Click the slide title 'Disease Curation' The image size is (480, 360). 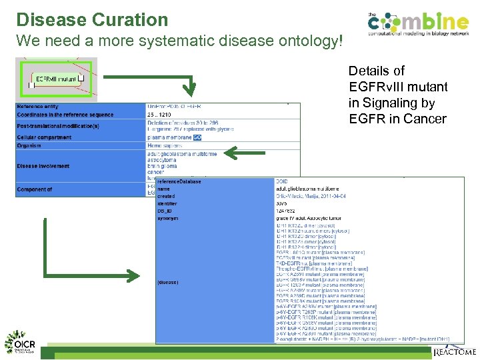coord(92,19)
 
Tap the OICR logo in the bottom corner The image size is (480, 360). coord(21,341)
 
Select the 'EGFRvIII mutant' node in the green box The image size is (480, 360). coord(56,79)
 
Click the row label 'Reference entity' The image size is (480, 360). coord(38,107)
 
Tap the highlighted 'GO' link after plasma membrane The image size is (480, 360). coord(197,137)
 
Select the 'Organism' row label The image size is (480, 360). coord(29,145)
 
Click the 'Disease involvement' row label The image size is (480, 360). coord(43,166)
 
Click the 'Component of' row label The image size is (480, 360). coord(35,189)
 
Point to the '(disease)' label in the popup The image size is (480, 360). coord(168,282)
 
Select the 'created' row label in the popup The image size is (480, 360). coord(167,196)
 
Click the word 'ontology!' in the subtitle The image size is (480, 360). coord(313,41)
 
